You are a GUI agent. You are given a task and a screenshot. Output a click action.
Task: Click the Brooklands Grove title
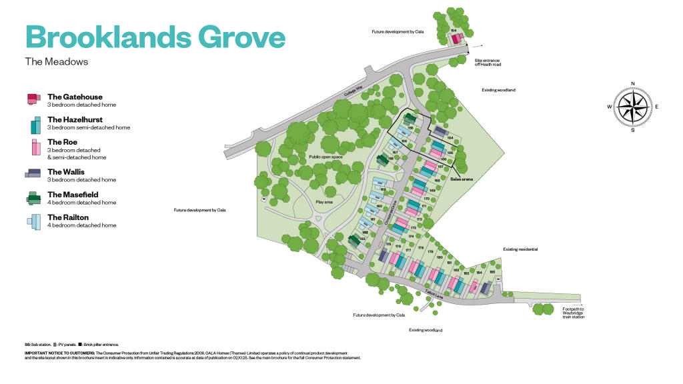tap(155, 37)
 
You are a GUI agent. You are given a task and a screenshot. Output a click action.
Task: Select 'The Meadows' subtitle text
tap(57, 62)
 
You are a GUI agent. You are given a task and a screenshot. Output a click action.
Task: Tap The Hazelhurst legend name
tap(75, 119)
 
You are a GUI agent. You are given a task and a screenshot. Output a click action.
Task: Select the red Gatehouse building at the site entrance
tap(456, 39)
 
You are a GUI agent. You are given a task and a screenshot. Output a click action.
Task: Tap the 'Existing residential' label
tap(520, 249)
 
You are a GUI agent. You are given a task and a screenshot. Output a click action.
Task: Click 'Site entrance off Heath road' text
tap(488, 62)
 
